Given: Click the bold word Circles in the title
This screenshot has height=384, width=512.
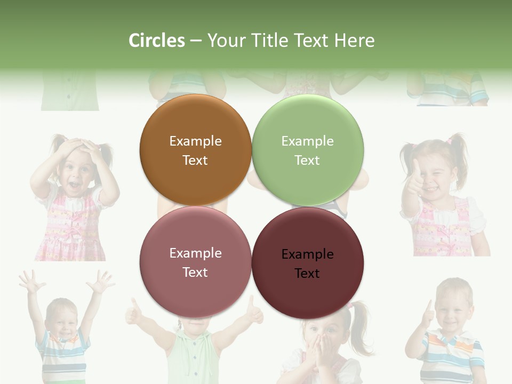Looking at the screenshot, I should [x=156, y=41].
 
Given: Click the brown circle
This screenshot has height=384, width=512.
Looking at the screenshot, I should [x=195, y=150].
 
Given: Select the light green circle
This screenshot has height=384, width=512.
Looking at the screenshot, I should [x=307, y=150].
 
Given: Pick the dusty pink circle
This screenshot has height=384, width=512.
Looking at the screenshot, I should [x=195, y=262].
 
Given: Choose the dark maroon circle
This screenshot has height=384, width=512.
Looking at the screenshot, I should [x=307, y=263].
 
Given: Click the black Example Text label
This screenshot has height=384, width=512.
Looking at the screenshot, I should [x=307, y=263].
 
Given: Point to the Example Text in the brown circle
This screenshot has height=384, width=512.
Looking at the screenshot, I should [x=195, y=150].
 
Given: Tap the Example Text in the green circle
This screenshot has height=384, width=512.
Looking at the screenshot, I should [x=307, y=150].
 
